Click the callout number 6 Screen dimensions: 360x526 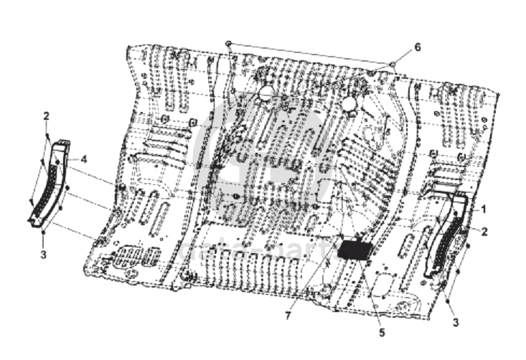417,47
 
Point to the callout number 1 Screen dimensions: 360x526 484,209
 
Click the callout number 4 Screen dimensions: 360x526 84,158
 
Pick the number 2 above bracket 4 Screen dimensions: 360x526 46,116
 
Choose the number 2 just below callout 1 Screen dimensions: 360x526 484,231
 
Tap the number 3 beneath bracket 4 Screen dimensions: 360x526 43,255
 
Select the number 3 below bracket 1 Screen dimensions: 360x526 455,322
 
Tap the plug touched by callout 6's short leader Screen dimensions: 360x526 393,65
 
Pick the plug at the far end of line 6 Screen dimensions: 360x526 227,44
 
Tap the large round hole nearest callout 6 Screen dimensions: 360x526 349,105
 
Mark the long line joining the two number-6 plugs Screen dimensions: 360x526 309,54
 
